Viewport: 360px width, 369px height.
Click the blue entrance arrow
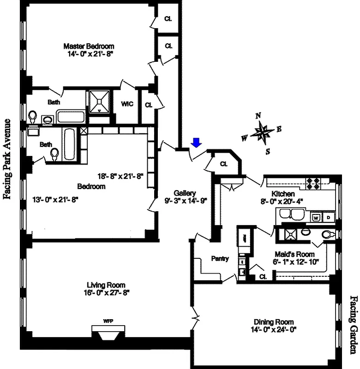[x=197, y=143]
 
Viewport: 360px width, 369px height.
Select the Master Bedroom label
[x=89, y=46]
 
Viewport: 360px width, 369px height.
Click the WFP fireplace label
[x=108, y=321]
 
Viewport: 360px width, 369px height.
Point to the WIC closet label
[x=127, y=104]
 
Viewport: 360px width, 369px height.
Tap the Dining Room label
[x=274, y=322]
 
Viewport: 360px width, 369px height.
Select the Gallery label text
[x=185, y=193]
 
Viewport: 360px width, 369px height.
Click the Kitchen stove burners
[x=314, y=183]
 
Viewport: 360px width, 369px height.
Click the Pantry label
[x=220, y=258]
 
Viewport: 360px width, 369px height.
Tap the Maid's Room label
[x=294, y=254]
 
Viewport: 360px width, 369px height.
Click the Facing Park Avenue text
[x=7, y=159]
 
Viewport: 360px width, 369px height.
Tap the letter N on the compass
[x=258, y=116]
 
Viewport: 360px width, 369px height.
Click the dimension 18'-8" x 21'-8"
[x=120, y=176]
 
